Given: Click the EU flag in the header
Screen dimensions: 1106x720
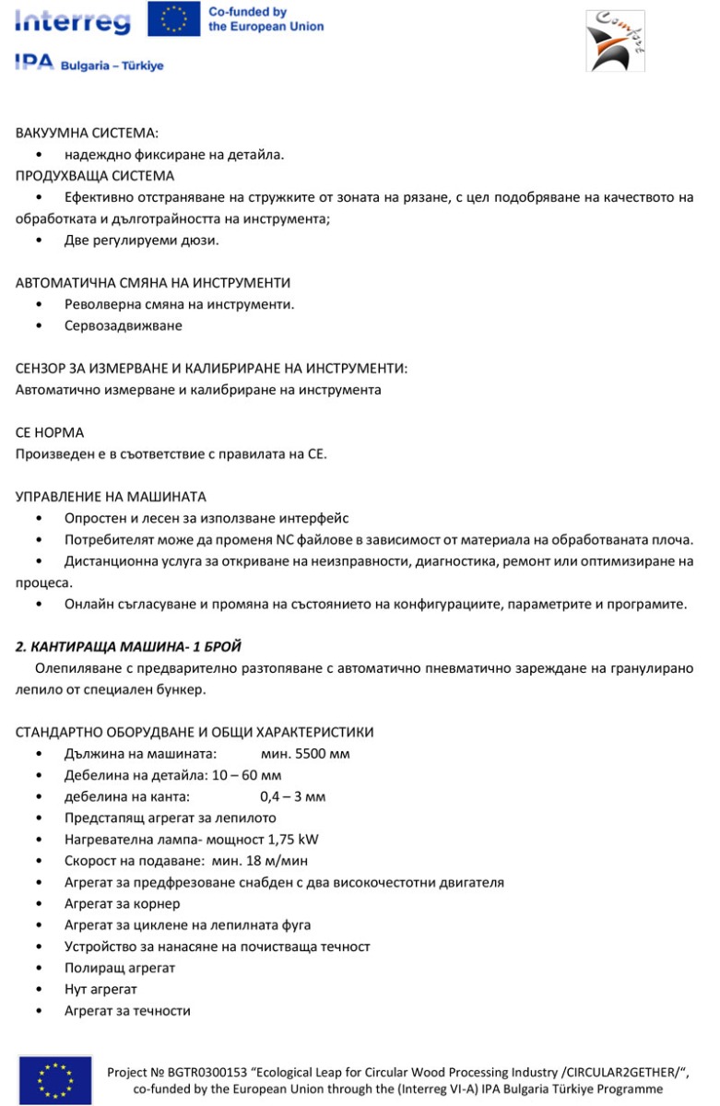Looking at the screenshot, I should [x=174, y=20].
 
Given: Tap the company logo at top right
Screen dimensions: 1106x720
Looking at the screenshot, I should [x=615, y=41].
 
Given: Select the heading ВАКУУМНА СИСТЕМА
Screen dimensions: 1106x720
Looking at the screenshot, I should [x=88, y=134].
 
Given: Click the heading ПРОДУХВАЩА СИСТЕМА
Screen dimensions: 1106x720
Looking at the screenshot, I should [x=95, y=175].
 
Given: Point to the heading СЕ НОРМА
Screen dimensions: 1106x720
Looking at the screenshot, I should [x=50, y=432].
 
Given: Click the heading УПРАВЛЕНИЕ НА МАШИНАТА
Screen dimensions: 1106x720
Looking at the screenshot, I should [x=111, y=497].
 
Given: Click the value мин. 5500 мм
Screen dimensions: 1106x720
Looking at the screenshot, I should [x=305, y=754].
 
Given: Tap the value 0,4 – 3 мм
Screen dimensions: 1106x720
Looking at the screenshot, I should [x=293, y=796].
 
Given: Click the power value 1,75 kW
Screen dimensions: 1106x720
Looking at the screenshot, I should [x=293, y=840].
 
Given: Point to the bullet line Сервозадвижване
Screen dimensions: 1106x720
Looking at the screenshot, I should [x=124, y=325].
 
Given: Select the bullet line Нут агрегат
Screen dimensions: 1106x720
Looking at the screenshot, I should [x=100, y=990].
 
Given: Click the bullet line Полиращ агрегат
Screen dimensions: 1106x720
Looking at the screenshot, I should [x=120, y=969].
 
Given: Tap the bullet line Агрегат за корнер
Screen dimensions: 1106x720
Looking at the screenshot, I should [x=123, y=904].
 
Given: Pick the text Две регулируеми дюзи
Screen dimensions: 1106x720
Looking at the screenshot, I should [x=142, y=241].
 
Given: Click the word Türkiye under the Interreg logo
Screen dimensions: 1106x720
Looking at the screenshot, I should [x=138, y=66].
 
